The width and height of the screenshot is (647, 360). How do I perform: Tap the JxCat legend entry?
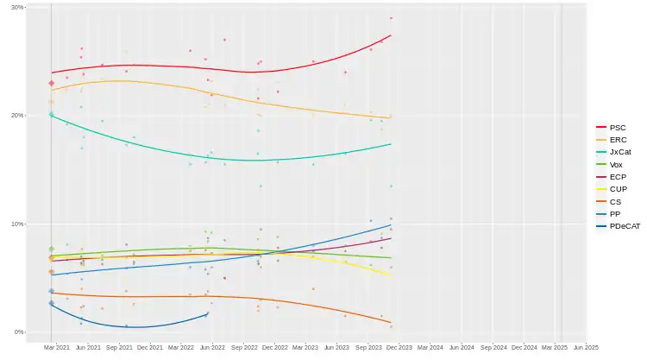click(617, 151)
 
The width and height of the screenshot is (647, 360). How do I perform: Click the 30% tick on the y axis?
click(17, 7)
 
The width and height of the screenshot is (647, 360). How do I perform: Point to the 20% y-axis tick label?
click(17, 116)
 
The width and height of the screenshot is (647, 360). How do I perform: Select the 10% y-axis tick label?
click(17, 224)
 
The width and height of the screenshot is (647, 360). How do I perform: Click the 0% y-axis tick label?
click(19, 332)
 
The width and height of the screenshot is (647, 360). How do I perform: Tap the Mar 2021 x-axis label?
click(58, 347)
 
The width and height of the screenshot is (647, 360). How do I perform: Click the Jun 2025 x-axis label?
click(586, 347)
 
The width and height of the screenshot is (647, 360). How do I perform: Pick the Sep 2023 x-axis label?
click(368, 347)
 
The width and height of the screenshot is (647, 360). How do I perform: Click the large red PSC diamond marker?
click(51, 83)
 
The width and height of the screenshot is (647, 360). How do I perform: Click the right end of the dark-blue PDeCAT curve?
click(207, 314)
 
